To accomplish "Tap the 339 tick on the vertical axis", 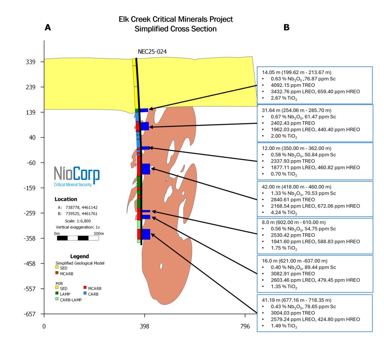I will pos(30,62).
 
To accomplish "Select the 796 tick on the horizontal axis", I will pos(245,326).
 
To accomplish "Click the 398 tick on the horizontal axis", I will pos(144,326).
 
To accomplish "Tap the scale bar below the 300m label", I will pos(78,238).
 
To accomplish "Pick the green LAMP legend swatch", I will pos(57,294).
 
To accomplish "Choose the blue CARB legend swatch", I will pos(85,294).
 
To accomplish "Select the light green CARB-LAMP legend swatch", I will pos(57,299).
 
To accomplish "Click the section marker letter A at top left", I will pos(47,27).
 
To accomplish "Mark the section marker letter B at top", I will pos(286,27).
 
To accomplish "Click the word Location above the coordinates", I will pos(66,199).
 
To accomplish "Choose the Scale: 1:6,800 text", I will pos(78,221).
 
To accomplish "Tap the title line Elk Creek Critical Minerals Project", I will pos(175,19).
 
